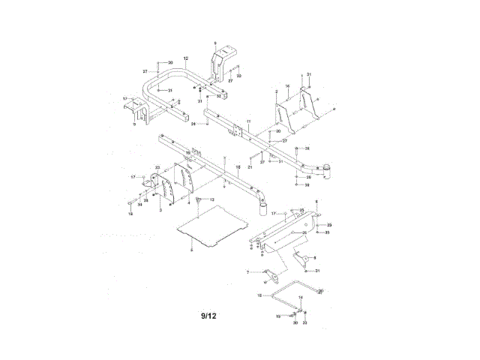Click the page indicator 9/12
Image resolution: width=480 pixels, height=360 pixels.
[208, 316]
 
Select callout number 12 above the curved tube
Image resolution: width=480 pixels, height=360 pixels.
[185, 58]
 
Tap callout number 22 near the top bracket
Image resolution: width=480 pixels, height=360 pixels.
[239, 76]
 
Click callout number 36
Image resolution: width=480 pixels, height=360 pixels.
[286, 86]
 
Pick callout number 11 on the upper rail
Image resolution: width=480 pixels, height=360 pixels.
[248, 121]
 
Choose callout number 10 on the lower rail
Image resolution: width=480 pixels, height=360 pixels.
[238, 166]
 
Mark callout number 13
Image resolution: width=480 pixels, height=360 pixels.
[211, 199]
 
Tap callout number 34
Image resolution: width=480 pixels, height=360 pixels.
[139, 205]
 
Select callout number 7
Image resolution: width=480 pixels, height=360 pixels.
[248, 271]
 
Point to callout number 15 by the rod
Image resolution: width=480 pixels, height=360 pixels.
[259, 296]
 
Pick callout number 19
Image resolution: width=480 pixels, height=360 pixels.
[277, 317]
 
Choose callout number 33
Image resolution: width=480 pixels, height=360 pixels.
[304, 322]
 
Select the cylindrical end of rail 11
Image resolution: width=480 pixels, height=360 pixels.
[326, 171]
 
